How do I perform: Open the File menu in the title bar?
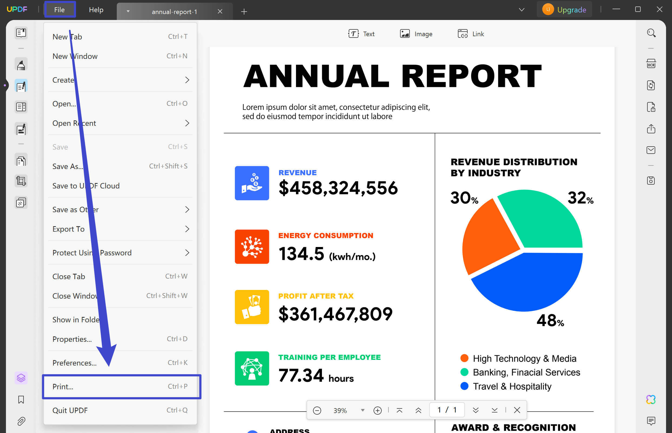pos(59,9)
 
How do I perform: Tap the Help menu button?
pos(96,9)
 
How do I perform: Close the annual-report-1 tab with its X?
pos(220,12)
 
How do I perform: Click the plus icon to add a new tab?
pos(244,12)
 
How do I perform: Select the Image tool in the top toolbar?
pos(416,34)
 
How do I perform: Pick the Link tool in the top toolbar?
pos(471,34)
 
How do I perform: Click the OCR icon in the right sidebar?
pos(651,63)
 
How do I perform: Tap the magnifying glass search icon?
pos(651,33)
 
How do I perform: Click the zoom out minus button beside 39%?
pos(317,411)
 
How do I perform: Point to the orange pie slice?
pos(490,236)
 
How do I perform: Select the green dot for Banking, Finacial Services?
pos(464,372)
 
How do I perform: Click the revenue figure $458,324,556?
pos(338,188)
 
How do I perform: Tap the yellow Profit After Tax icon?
pos(252,307)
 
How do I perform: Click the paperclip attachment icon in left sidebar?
pos(21,421)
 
